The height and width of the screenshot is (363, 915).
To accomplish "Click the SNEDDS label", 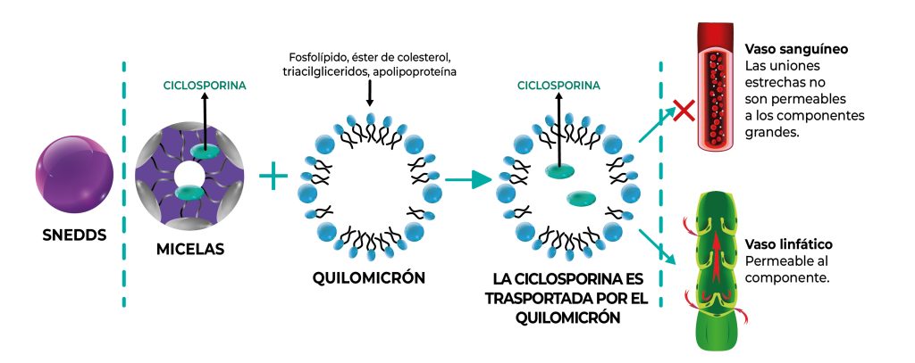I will point(74,236).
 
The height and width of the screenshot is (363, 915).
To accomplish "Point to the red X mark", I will point(684,111).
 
